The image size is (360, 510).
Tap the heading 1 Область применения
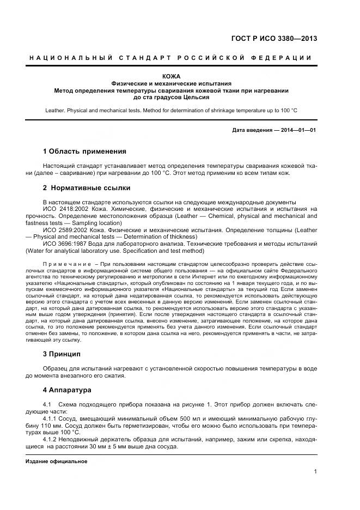(x=84, y=151)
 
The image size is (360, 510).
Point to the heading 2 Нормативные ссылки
(x=86, y=188)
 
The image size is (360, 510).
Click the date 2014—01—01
(x=297, y=130)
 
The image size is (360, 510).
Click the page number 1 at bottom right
(x=315, y=472)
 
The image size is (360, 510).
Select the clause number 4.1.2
(x=51, y=439)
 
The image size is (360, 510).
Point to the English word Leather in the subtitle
(x=57, y=111)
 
